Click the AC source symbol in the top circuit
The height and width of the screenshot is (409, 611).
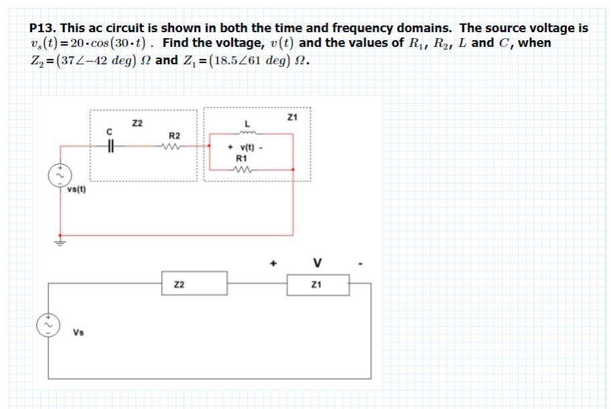click(x=56, y=176)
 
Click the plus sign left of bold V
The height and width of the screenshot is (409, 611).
click(x=273, y=263)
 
